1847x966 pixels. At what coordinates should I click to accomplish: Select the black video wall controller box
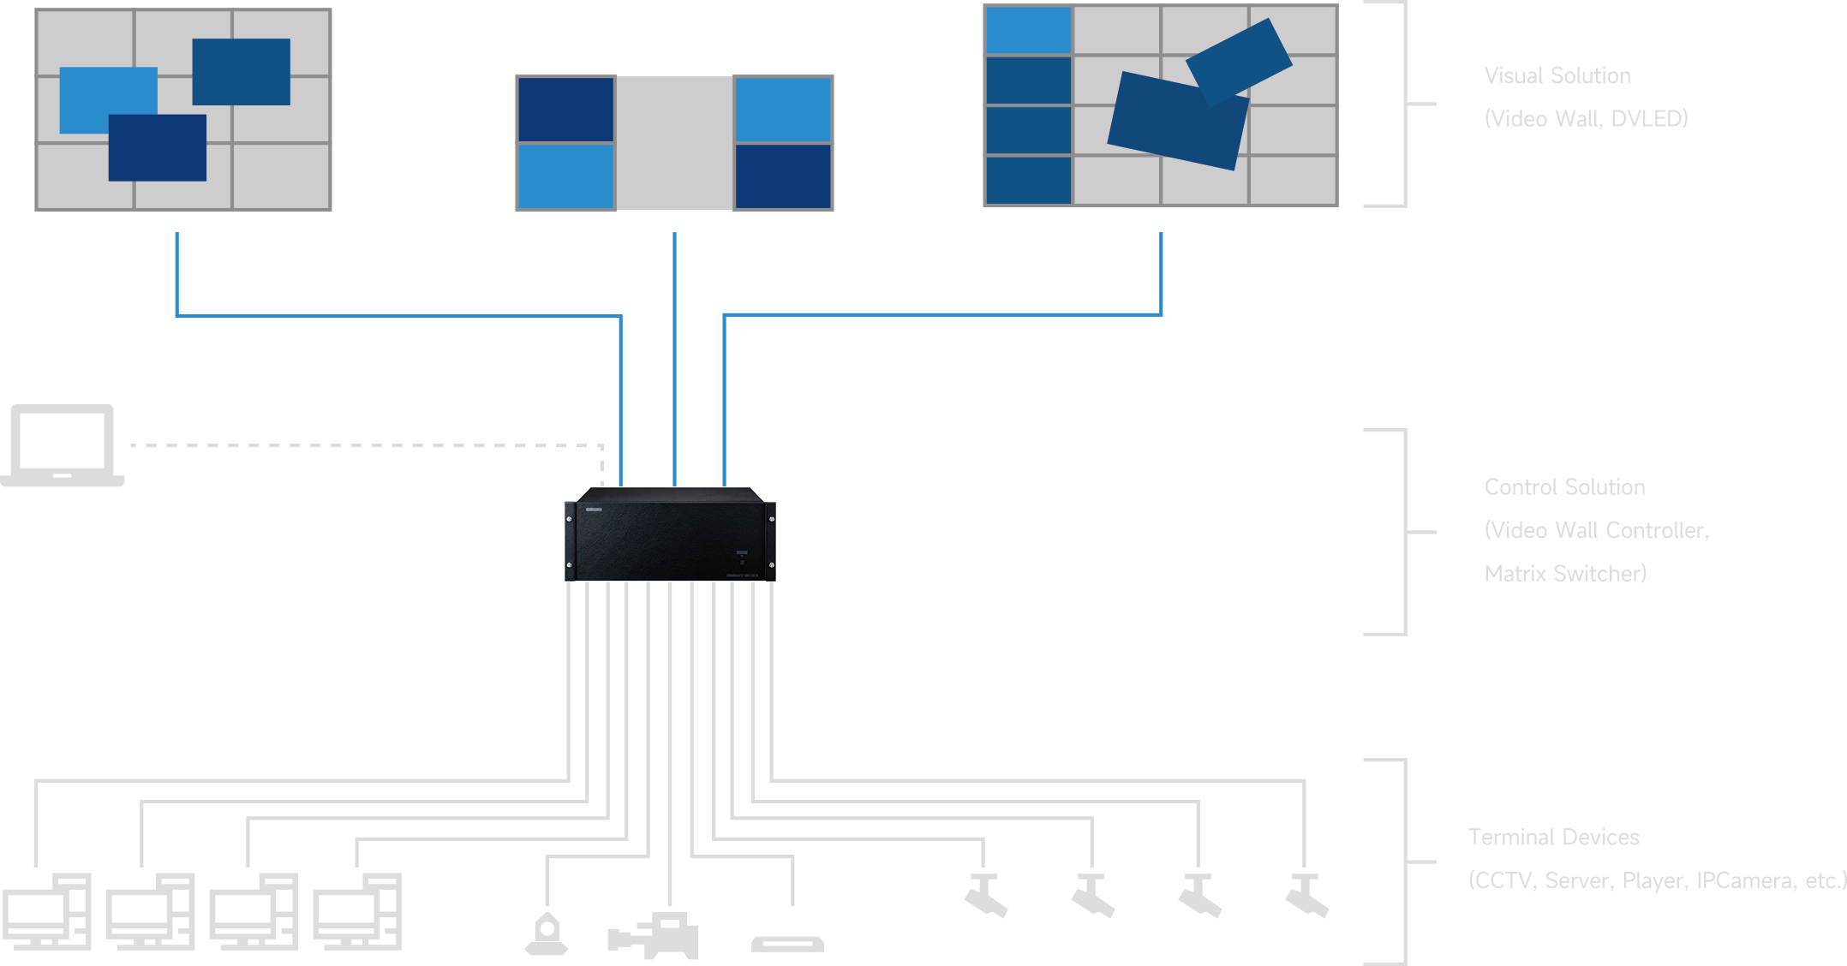coord(670,535)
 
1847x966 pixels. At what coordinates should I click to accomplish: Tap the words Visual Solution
coord(1557,76)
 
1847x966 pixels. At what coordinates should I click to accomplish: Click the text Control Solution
coord(1564,487)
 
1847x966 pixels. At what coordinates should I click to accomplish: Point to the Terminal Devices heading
coord(1553,838)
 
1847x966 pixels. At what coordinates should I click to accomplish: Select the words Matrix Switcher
coord(1564,574)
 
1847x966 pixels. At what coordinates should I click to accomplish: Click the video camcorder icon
coord(655,936)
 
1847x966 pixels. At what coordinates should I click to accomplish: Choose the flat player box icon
coord(787,944)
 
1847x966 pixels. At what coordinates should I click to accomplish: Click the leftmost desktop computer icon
coord(47,911)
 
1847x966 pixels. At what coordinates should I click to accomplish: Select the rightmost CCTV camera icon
coord(1306,896)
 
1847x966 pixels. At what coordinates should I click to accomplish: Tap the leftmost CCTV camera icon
coord(985,896)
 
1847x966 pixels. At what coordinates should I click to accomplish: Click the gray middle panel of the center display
coord(674,143)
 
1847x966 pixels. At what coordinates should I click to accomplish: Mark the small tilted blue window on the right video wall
coord(1239,60)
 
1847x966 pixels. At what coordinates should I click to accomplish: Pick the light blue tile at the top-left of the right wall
coord(1028,30)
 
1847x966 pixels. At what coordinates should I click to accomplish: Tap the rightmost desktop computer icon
coord(357,911)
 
